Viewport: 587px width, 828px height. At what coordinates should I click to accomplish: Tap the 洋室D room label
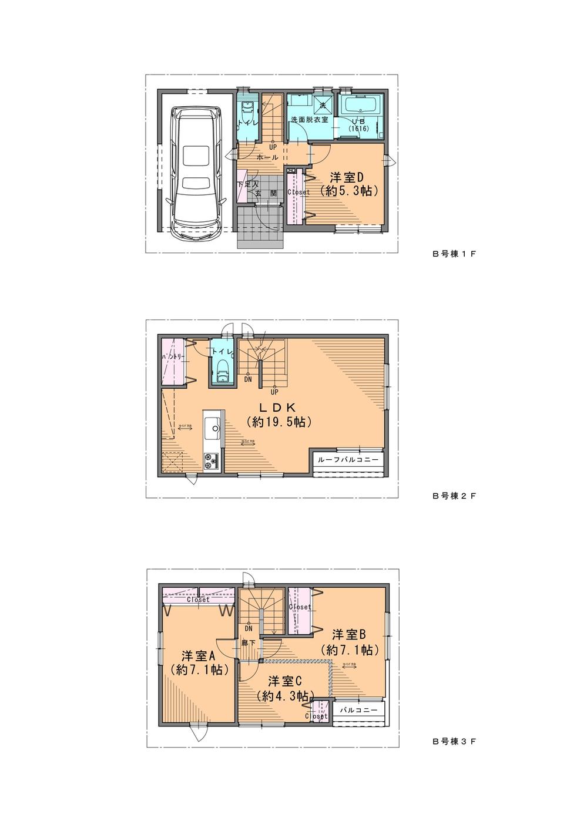[348, 177]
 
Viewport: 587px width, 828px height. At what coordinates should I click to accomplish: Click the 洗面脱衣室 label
[305, 119]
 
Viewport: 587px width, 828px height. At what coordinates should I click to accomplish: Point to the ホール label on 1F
[267, 157]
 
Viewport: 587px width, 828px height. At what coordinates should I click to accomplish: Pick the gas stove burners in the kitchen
[211, 461]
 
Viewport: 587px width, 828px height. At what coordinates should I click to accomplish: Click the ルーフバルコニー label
[348, 459]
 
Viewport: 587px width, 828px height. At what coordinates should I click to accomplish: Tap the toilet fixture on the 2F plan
[223, 372]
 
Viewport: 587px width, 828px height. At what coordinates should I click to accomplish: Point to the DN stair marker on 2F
[249, 379]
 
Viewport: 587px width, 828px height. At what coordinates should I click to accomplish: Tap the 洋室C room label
[285, 681]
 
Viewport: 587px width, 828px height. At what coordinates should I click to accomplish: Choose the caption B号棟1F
[454, 255]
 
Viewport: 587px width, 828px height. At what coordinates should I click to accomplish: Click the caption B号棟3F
[454, 742]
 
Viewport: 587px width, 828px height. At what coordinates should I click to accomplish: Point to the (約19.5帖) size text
[279, 422]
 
